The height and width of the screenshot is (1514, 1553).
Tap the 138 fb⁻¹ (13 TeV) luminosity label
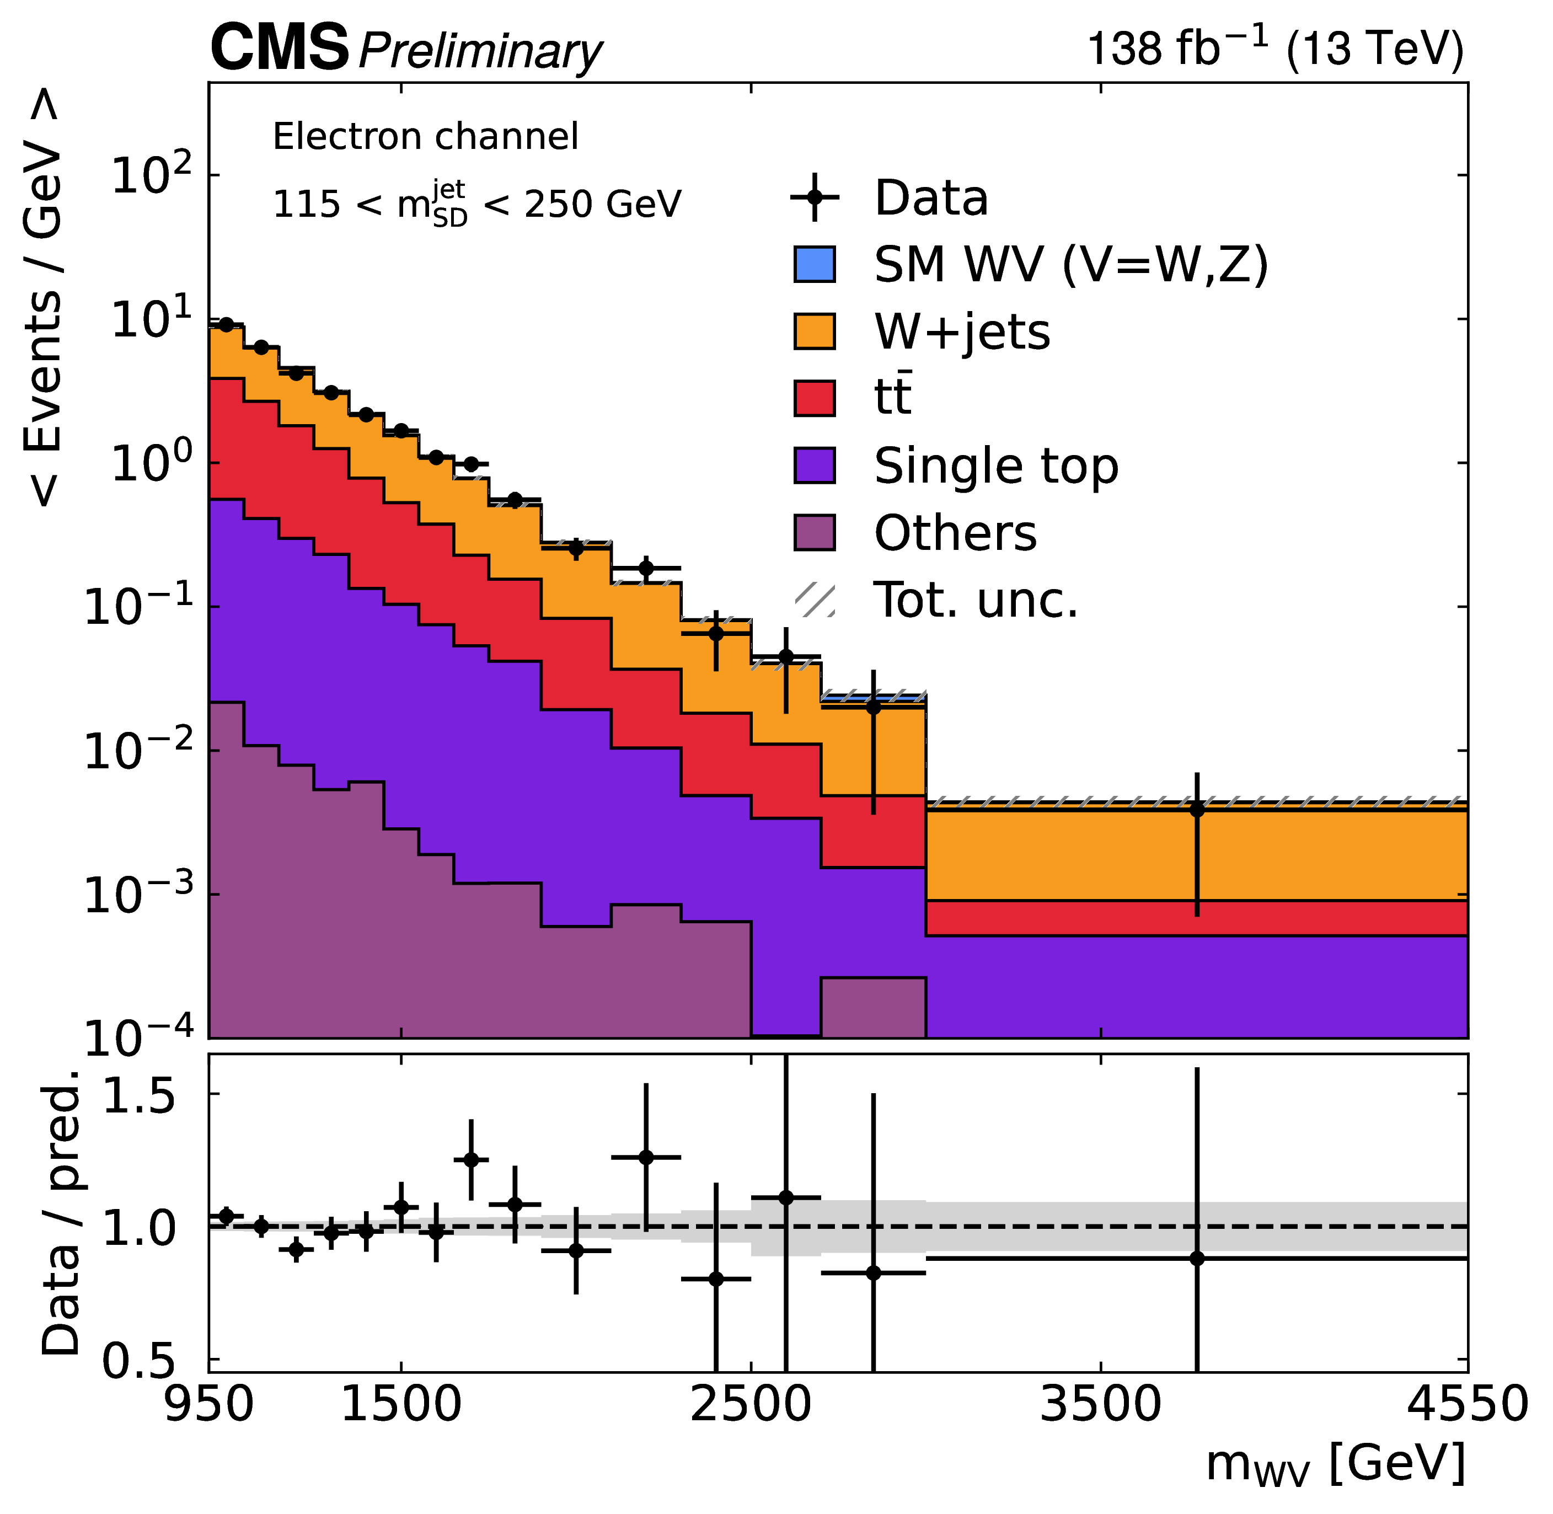click(x=1274, y=49)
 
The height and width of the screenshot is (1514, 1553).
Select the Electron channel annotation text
click(x=425, y=137)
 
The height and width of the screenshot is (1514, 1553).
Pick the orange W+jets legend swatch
click(x=814, y=331)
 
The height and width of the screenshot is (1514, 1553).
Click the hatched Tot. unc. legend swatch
click(x=814, y=600)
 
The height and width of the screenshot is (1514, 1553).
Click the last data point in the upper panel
click(x=1197, y=810)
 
